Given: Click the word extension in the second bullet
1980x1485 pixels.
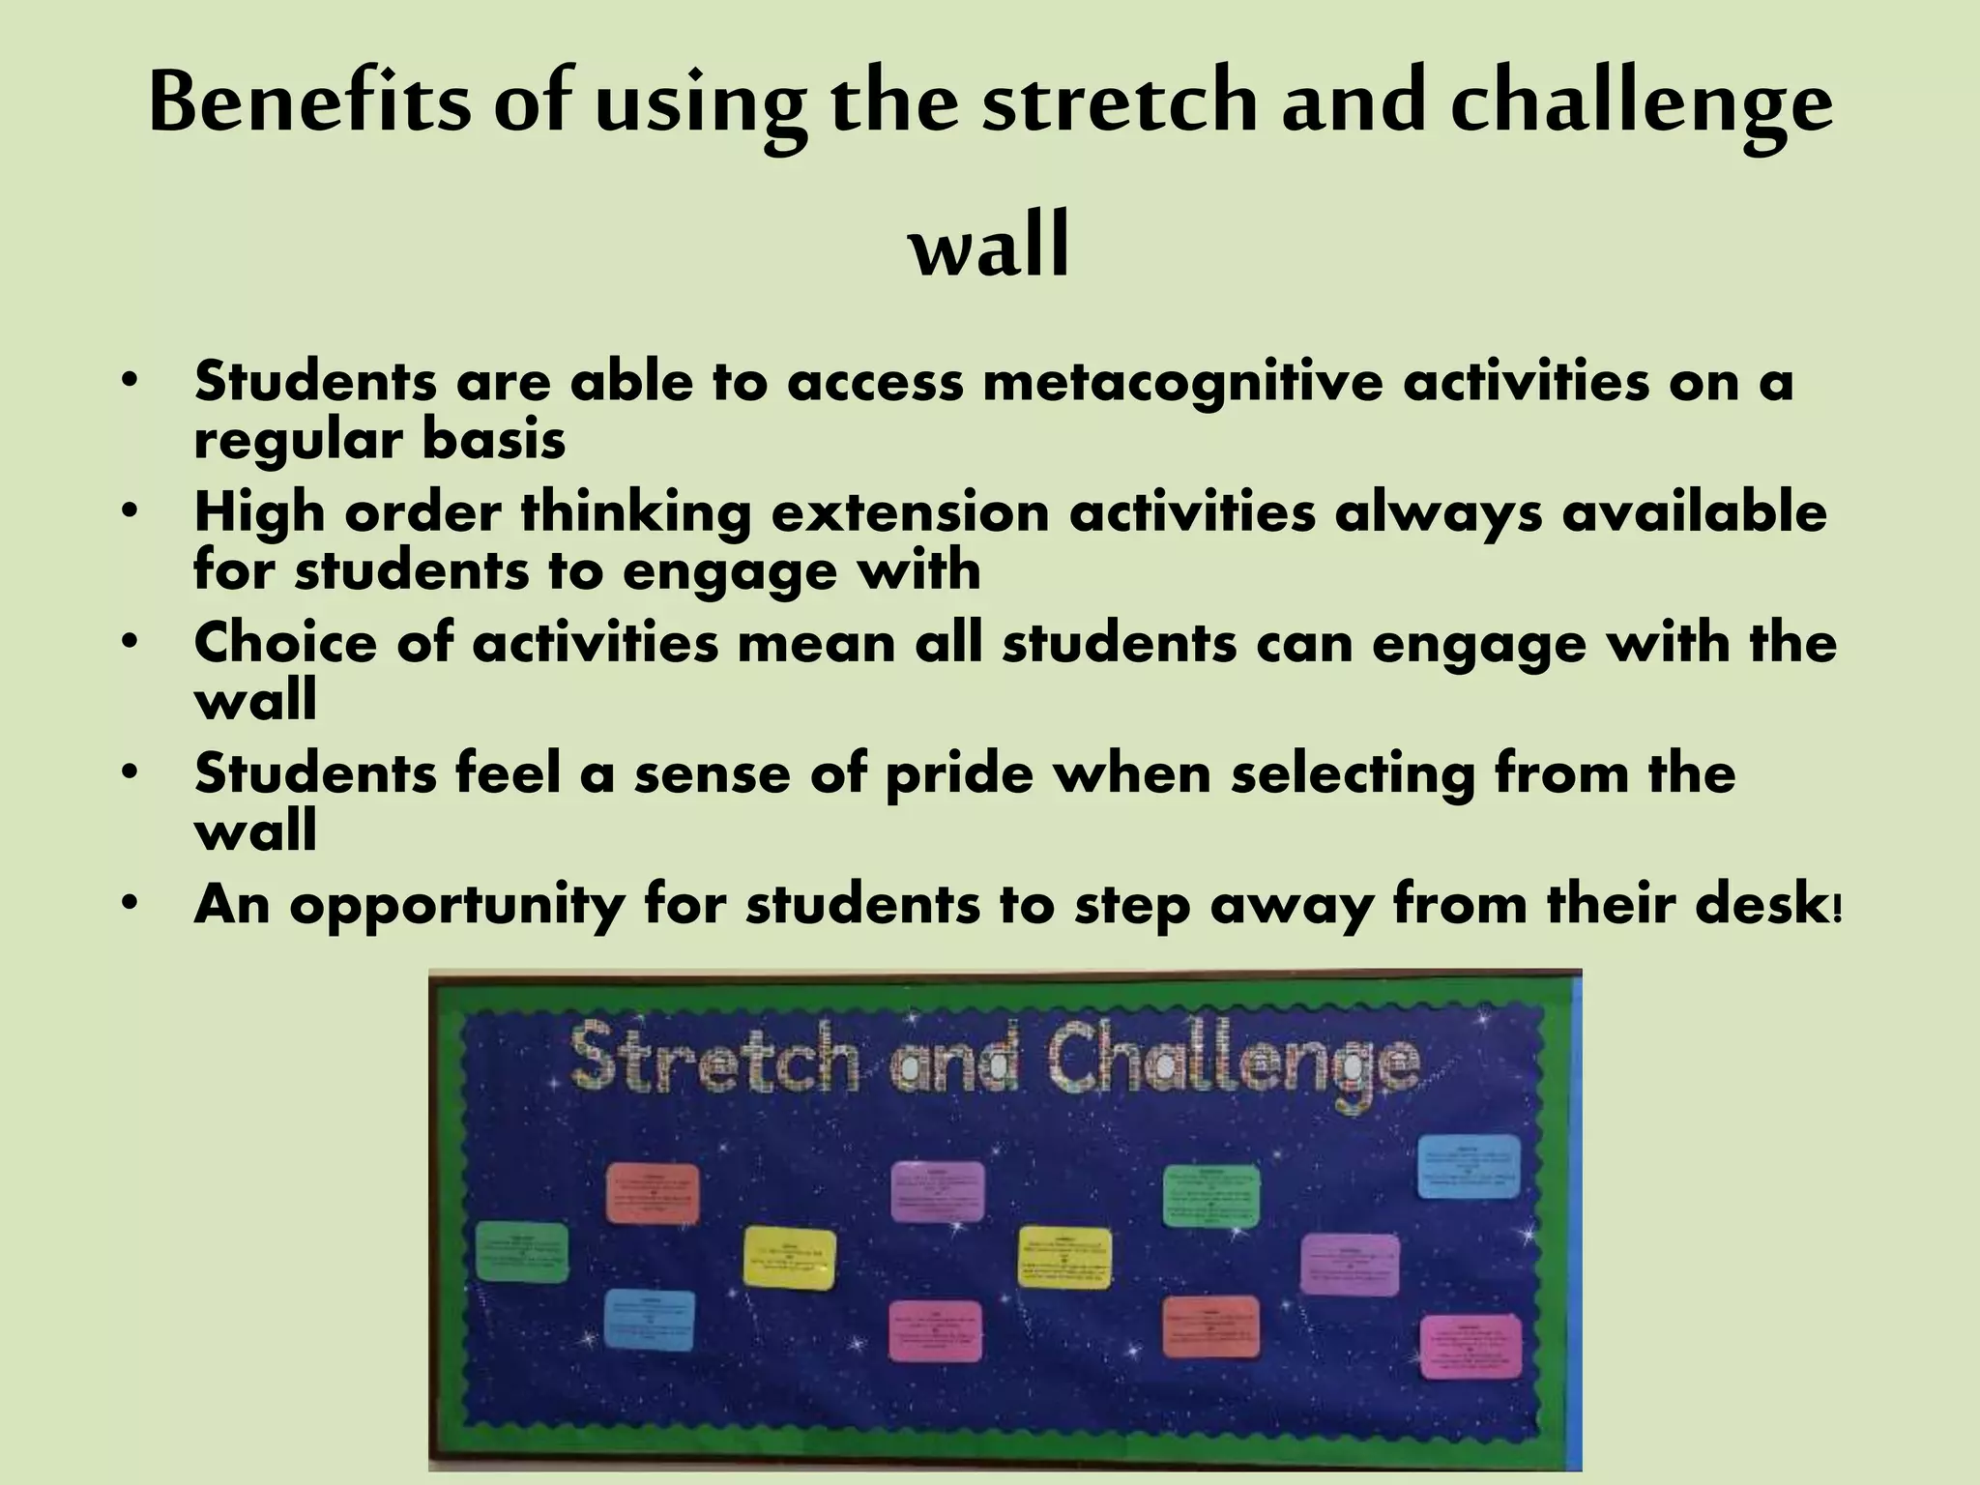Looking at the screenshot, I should pos(910,511).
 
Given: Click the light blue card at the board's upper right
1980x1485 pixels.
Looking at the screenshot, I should pos(1468,1167).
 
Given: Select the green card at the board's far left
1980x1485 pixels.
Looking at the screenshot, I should pos(522,1253).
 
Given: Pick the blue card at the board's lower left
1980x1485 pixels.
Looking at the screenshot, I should pos(650,1320).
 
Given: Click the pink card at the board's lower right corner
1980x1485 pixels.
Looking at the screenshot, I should pos(1470,1347).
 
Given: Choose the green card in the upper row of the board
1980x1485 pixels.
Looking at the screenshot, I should pos(1211,1196).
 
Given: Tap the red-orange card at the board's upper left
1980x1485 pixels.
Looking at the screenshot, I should pos(653,1193).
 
